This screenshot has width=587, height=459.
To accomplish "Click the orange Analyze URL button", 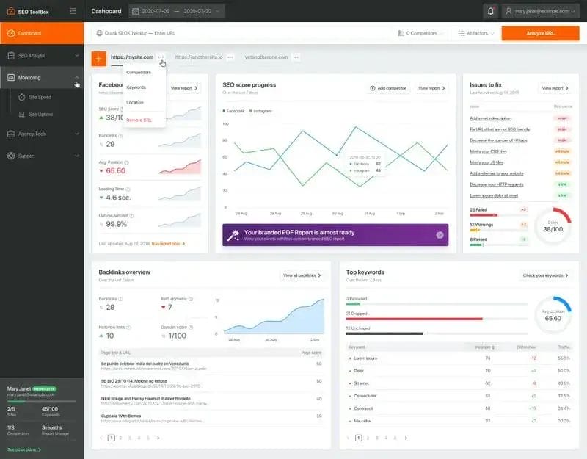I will pos(540,33).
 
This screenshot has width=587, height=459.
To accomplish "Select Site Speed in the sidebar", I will pos(40,97).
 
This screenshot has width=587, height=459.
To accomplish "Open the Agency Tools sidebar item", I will pos(32,134).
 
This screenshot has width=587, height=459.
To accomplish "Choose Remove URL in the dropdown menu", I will pos(139,120).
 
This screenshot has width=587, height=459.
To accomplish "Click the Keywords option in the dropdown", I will pos(136,87).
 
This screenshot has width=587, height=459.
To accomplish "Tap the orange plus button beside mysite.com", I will pos(98,58).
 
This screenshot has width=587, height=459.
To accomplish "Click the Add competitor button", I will pos(387,88).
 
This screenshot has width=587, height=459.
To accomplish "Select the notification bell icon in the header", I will pos(490,11).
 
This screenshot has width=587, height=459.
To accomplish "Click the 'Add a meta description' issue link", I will pos(490,118).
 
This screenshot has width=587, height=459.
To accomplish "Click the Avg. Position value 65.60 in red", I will pos(115,171).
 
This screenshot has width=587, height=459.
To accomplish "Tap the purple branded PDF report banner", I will pos(335,234).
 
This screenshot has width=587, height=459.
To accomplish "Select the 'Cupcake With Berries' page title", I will pos(120,414).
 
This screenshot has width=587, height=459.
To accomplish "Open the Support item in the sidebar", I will pos(26,156).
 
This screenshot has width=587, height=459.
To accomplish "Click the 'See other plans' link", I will pos(23,449).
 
